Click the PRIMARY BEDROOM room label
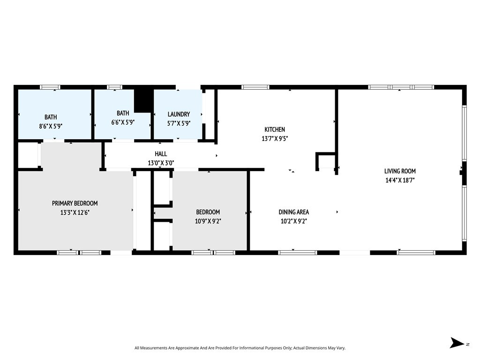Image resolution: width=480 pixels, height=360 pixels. click(x=75, y=203)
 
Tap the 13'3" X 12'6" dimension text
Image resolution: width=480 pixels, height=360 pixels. click(x=75, y=212)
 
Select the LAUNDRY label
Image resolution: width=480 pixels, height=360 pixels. click(x=179, y=114)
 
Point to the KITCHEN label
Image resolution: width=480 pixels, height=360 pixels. click(x=275, y=129)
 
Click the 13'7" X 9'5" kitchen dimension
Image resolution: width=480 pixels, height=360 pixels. click(x=275, y=138)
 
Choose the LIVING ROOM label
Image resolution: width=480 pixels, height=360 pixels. click(x=400, y=171)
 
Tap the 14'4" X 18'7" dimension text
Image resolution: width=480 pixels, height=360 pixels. click(x=400, y=180)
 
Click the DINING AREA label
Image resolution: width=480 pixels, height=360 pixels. click(x=294, y=212)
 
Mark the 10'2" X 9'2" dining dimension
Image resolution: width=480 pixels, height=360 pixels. click(x=294, y=221)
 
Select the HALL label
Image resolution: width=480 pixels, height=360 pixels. click(x=161, y=154)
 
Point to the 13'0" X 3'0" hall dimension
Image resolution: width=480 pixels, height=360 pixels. click(x=161, y=163)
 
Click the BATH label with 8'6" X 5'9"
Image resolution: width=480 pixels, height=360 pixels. click(x=51, y=117)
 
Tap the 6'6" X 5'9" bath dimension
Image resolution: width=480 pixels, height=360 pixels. click(x=123, y=122)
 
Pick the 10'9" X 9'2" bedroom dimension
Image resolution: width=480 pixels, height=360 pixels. click(x=208, y=221)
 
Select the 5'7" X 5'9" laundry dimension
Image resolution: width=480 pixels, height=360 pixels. click(x=179, y=123)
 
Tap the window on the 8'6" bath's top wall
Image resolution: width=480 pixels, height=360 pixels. click(x=50, y=87)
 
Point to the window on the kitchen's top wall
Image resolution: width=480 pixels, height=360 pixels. click(x=255, y=87)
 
